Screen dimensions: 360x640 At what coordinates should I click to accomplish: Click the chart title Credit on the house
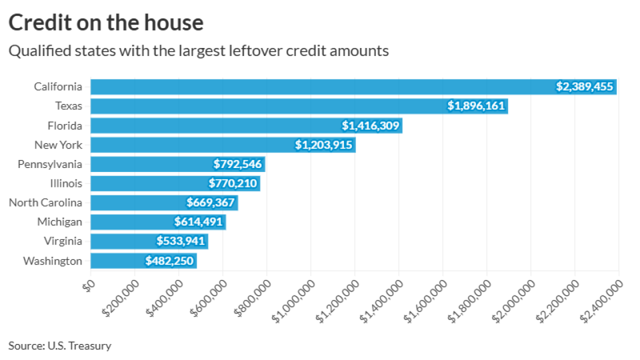tap(106, 23)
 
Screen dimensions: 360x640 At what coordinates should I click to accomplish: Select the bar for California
tap(320, 86)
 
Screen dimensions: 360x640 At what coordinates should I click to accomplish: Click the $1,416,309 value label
tap(370, 125)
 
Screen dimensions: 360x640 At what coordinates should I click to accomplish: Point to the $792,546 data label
tap(237, 164)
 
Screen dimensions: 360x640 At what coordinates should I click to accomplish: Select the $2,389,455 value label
tap(584, 86)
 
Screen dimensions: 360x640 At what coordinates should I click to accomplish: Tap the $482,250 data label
tap(169, 260)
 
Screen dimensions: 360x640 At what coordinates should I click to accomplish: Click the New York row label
tap(58, 145)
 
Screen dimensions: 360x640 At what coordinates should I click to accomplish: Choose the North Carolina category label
tap(45, 202)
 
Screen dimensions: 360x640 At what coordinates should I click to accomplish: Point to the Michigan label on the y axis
tap(59, 222)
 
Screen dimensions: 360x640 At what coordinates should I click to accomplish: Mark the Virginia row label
tap(62, 241)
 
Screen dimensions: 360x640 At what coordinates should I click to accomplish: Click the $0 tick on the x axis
tap(89, 286)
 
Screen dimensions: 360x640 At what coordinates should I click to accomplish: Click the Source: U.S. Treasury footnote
tap(59, 345)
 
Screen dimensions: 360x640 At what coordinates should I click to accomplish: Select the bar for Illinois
tap(150, 183)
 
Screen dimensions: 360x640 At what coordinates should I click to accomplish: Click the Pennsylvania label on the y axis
tap(50, 164)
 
